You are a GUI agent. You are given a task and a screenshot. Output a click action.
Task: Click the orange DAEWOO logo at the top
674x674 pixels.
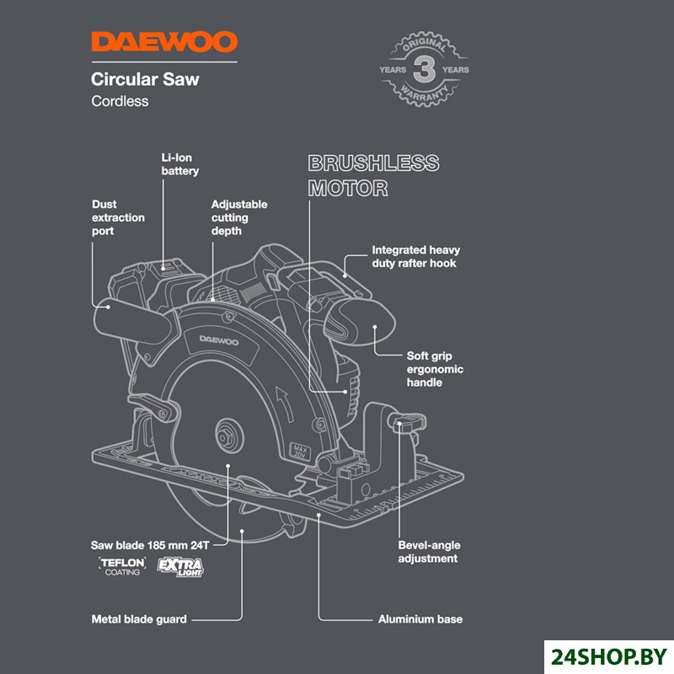pos(164,42)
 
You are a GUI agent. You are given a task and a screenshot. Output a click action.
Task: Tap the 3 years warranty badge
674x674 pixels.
pos(424,70)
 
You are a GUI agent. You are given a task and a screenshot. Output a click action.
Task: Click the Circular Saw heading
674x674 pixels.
pos(145,80)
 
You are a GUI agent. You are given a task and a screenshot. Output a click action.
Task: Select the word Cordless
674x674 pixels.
pos(120,101)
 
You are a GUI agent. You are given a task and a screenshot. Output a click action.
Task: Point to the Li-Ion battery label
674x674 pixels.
pos(180,164)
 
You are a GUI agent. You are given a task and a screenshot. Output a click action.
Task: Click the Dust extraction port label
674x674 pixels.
pos(118,217)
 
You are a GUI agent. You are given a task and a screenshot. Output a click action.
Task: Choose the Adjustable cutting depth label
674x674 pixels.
pos(239,217)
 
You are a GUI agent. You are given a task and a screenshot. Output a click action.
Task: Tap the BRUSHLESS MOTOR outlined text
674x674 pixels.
pos(372,175)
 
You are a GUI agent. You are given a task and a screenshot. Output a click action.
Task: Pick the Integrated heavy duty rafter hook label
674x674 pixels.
pos(416,257)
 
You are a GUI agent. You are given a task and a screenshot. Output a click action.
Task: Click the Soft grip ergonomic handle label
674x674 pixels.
pos(435,369)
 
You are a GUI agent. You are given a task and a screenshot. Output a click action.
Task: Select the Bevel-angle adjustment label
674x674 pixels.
pos(428,552)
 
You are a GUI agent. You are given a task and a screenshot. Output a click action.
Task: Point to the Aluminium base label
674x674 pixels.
pos(420,619)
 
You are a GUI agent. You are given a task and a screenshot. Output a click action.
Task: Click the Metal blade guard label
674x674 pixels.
pos(139,619)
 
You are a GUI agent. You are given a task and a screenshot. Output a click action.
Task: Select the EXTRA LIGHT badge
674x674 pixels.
pos(180,566)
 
